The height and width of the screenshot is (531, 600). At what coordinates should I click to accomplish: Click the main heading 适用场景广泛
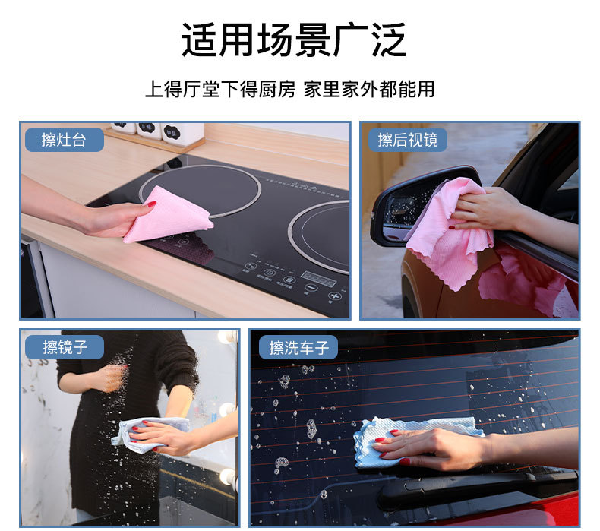(293, 40)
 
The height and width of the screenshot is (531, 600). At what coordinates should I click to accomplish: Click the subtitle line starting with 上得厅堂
(290, 89)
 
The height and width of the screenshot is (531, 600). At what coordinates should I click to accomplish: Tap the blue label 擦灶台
(65, 140)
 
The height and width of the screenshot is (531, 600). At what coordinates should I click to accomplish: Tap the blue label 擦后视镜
(408, 140)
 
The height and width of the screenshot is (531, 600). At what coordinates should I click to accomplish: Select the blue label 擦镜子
(65, 347)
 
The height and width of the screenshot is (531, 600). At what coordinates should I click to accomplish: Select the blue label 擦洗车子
(298, 347)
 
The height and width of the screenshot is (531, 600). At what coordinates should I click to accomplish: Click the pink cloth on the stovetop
(169, 215)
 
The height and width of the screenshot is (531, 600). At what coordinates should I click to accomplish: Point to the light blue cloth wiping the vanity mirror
(149, 435)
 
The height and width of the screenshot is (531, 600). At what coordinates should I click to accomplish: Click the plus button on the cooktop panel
(334, 296)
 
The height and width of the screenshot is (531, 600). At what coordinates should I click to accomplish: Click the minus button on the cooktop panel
(311, 288)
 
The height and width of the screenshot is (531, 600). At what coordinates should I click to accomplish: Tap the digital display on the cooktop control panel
(318, 278)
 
